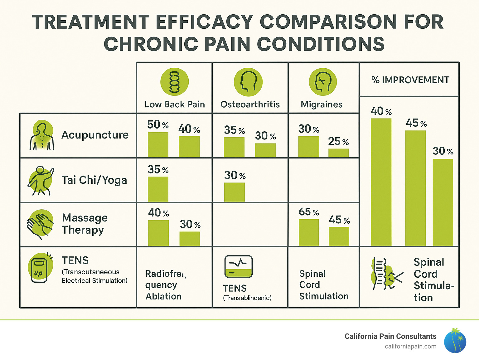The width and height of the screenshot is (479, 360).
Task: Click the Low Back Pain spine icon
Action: (174, 82)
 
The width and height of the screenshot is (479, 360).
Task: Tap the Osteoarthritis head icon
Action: (248, 82)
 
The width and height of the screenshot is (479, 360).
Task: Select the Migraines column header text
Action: (322, 104)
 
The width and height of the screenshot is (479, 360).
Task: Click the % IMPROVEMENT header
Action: (410, 80)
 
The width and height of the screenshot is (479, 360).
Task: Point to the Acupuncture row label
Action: (95, 135)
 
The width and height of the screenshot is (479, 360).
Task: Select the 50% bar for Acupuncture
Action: (158, 144)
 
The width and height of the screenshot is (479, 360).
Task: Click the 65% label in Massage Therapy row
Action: (309, 212)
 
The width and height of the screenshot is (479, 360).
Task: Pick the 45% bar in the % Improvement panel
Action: (415, 188)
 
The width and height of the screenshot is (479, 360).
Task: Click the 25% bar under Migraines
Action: (338, 153)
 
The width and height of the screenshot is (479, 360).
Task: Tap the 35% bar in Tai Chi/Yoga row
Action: (158, 189)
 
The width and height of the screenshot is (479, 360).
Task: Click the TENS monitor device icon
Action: (239, 267)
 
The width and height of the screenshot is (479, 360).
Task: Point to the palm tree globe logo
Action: (455, 341)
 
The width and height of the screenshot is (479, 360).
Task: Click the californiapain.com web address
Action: (410, 346)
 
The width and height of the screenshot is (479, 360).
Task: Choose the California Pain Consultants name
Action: (390, 336)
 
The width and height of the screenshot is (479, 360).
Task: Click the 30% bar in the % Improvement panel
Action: (443, 202)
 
